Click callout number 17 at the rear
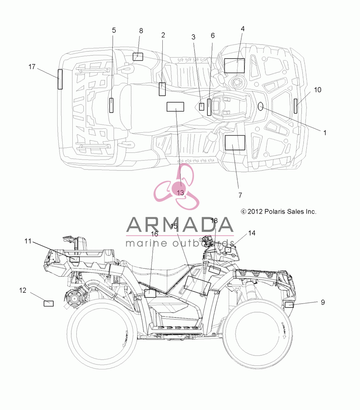(32, 67)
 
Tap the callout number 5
(114, 30)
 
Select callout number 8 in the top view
(141, 31)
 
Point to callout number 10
(318, 90)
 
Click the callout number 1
(325, 133)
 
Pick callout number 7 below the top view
(240, 195)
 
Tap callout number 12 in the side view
(23, 290)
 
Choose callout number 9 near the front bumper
(323, 302)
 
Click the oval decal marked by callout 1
(261, 106)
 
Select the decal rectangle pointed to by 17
(60, 79)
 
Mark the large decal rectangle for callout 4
(234, 65)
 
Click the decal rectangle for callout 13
(175, 107)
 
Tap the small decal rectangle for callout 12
(49, 303)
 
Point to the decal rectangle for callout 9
(289, 305)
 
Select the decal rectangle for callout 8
(138, 57)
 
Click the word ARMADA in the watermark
(180, 225)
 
